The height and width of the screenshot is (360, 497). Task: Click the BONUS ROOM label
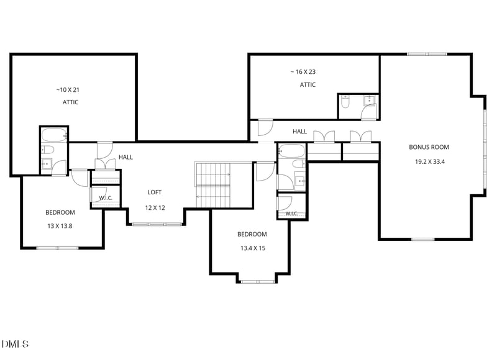click(x=429, y=147)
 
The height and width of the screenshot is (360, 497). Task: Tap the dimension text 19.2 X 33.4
click(x=430, y=162)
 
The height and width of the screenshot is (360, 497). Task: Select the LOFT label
click(x=154, y=192)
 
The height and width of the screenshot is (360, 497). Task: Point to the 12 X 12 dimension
click(x=155, y=208)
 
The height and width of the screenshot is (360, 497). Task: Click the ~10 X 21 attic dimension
click(x=68, y=90)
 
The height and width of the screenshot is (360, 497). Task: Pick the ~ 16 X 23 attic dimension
click(x=303, y=72)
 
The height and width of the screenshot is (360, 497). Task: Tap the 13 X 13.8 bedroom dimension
click(x=60, y=226)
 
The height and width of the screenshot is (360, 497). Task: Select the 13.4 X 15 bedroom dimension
click(x=253, y=248)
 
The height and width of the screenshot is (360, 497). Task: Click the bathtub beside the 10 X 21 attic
click(x=54, y=135)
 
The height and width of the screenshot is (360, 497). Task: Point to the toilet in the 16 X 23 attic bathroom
click(x=345, y=102)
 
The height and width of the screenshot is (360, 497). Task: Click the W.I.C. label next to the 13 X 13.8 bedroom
click(x=106, y=198)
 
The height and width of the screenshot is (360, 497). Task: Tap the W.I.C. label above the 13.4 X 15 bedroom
click(x=291, y=214)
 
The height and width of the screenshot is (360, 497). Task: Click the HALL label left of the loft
click(x=125, y=157)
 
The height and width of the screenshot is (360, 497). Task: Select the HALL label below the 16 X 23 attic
click(x=299, y=132)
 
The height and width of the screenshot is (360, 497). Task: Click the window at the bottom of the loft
click(x=157, y=224)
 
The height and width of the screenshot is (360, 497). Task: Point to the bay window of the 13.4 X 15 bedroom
click(x=258, y=281)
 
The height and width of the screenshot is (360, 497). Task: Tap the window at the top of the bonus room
click(x=427, y=54)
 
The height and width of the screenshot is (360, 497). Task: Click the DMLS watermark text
click(x=15, y=344)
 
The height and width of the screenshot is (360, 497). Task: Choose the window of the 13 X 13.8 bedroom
click(x=57, y=248)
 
